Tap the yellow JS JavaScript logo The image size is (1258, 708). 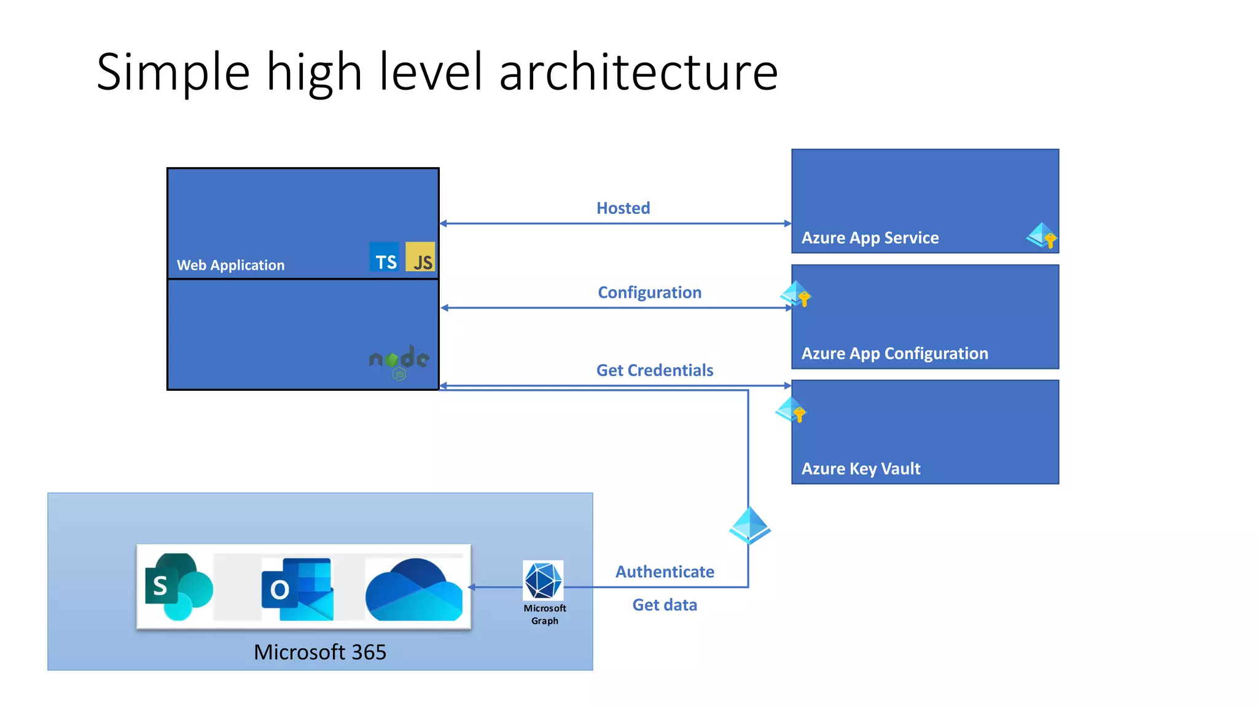coord(421,257)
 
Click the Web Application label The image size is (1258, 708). coord(230,265)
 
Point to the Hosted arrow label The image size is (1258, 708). coord(623,208)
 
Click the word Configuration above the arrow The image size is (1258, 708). coord(649,293)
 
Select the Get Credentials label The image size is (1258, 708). coord(654,370)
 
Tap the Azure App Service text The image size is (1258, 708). coord(870,238)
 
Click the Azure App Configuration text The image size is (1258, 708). coord(894,353)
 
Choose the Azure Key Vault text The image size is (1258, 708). coord(861,469)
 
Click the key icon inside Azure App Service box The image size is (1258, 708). coord(1042,236)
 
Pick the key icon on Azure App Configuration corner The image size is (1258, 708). coord(796,294)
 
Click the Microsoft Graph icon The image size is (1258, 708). coord(543,581)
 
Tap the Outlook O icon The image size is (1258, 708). coord(298,589)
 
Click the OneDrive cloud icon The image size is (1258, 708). coord(413,590)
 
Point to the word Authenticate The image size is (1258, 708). coord(665,572)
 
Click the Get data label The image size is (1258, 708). coord(665,605)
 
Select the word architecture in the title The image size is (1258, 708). coord(638,73)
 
